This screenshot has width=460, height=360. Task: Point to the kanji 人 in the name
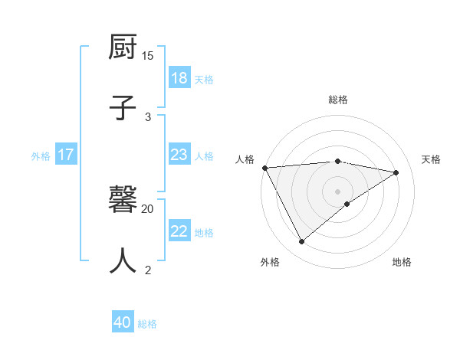coord(123,260)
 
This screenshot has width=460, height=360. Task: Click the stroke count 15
coord(148,56)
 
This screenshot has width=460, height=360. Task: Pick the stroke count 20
coord(148,208)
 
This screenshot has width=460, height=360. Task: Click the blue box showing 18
coord(179,78)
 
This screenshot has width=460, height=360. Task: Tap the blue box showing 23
coord(179,155)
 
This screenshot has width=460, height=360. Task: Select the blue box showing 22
coord(179,231)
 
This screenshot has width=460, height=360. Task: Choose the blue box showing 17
coord(66,155)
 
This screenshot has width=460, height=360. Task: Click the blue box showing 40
coord(123,322)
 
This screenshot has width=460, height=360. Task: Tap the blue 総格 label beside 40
coord(147,324)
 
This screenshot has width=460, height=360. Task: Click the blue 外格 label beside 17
coord(41,156)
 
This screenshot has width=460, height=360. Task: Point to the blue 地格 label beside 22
coord(204,233)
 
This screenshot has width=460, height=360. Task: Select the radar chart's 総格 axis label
coord(337,100)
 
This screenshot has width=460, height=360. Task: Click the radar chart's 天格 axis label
coord(431,159)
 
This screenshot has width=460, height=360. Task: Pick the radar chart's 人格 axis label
coord(245,159)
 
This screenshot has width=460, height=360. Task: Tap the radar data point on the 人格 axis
coord(264,168)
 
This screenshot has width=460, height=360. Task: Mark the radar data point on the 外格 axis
coord(301,242)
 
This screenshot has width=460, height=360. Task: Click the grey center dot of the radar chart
coord(337,191)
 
